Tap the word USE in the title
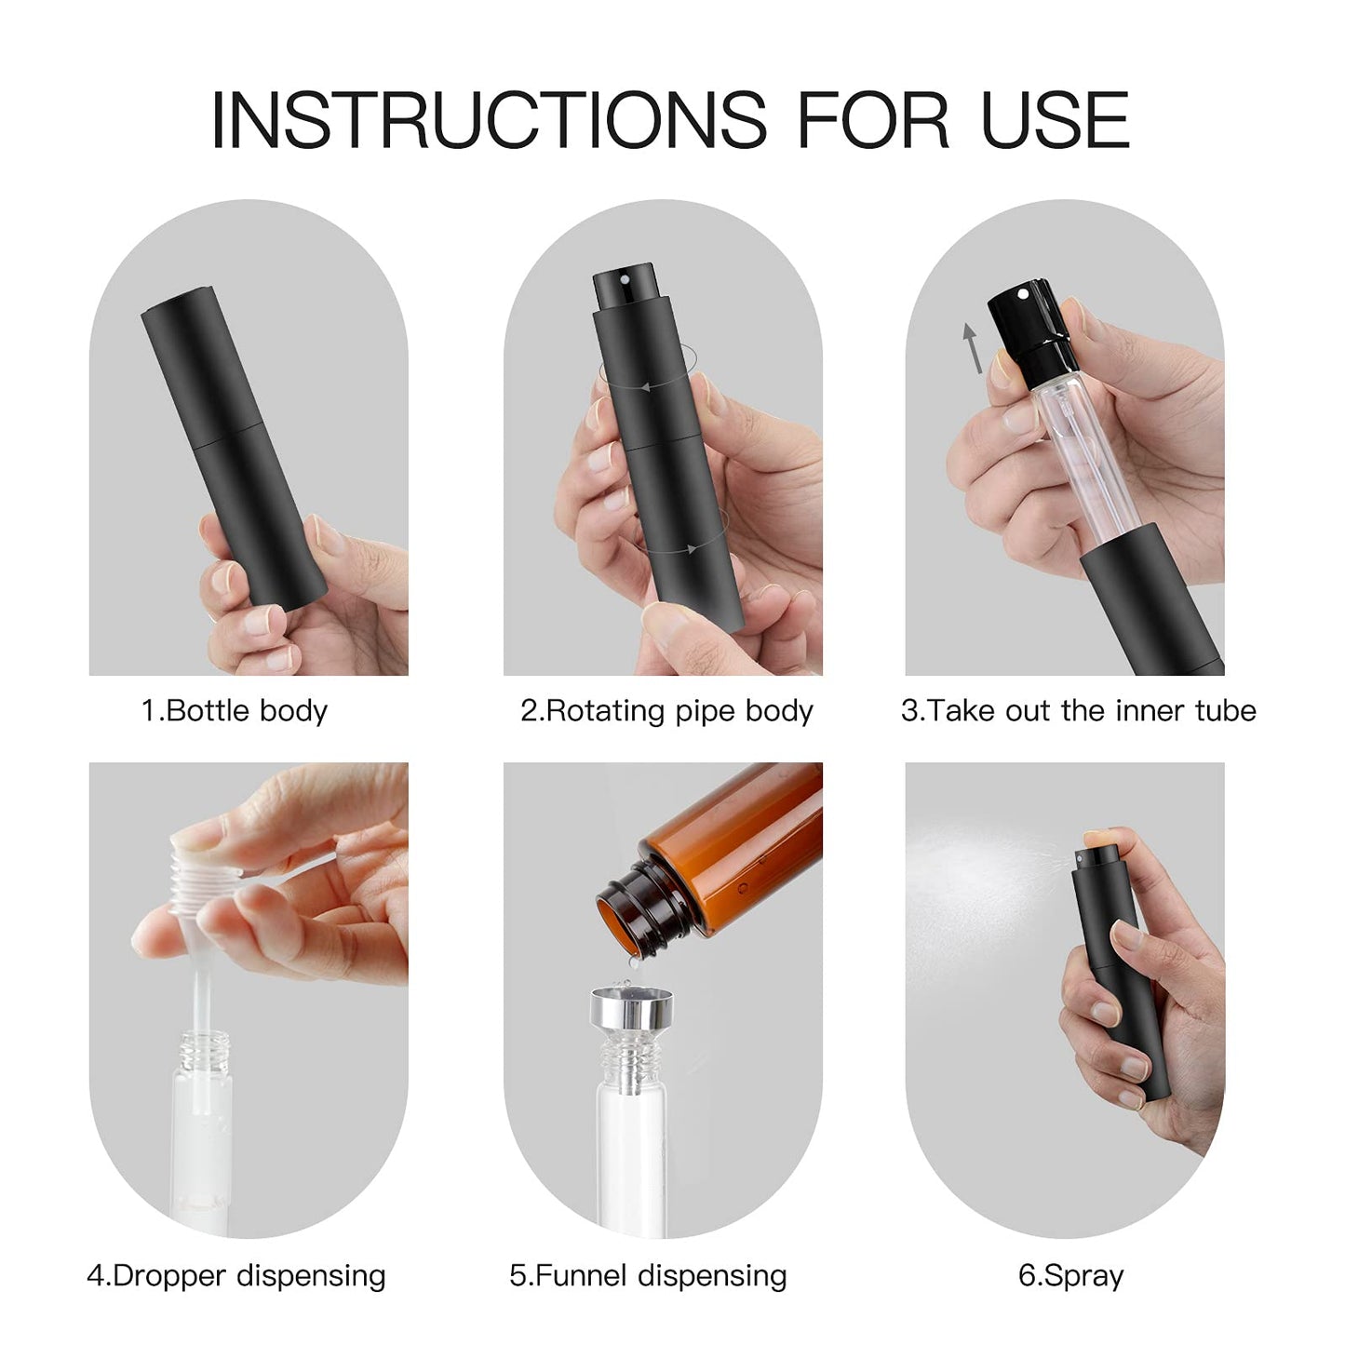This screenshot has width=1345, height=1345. tap(1056, 120)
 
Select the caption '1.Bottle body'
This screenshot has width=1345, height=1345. tap(235, 711)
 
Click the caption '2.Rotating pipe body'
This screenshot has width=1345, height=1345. tap(666, 711)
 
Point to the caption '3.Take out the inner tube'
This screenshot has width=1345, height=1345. tap(1078, 711)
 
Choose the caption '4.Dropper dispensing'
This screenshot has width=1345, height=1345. tap(235, 1275)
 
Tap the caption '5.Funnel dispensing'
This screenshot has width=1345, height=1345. tap(648, 1275)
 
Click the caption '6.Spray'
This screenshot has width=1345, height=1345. tap(1070, 1275)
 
